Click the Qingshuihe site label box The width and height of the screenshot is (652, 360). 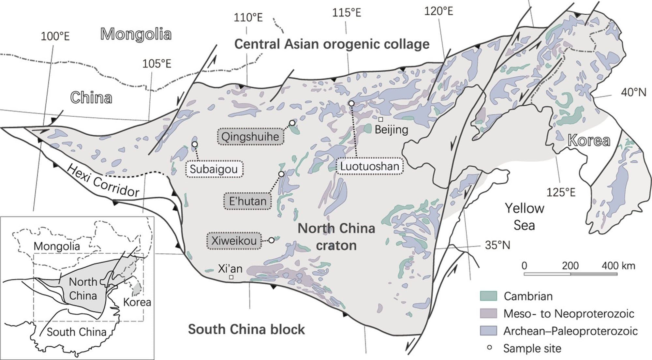coord(250,136)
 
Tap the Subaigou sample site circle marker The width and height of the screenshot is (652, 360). coord(195,144)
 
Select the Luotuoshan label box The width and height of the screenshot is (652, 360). coord(369,166)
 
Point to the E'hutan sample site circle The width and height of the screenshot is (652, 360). coord(281,174)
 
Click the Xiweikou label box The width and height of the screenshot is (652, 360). coord(234,241)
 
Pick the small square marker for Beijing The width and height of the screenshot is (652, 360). coord(380,119)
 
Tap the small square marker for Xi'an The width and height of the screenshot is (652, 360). coord(231,277)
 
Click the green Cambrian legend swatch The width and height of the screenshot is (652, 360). coord(488,296)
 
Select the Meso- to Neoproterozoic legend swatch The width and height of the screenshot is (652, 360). coord(488,313)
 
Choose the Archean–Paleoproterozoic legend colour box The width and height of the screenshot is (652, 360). coord(488,331)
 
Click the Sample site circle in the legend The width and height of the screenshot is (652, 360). coord(489,348)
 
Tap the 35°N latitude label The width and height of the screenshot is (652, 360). coord(497,245)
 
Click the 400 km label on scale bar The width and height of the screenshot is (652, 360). coord(618,266)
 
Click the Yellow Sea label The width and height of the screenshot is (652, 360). coord(525,217)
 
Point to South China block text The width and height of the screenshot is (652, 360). coord(246,329)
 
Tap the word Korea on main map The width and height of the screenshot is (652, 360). coord(589,141)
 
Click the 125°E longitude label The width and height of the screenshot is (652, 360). coord(561,192)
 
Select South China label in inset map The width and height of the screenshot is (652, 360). coord(77,332)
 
